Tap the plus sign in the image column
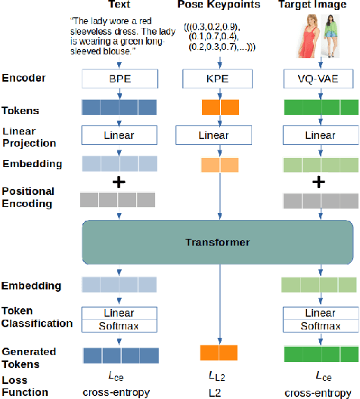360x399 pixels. pos(318,182)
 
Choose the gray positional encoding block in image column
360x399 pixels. pos(318,200)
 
